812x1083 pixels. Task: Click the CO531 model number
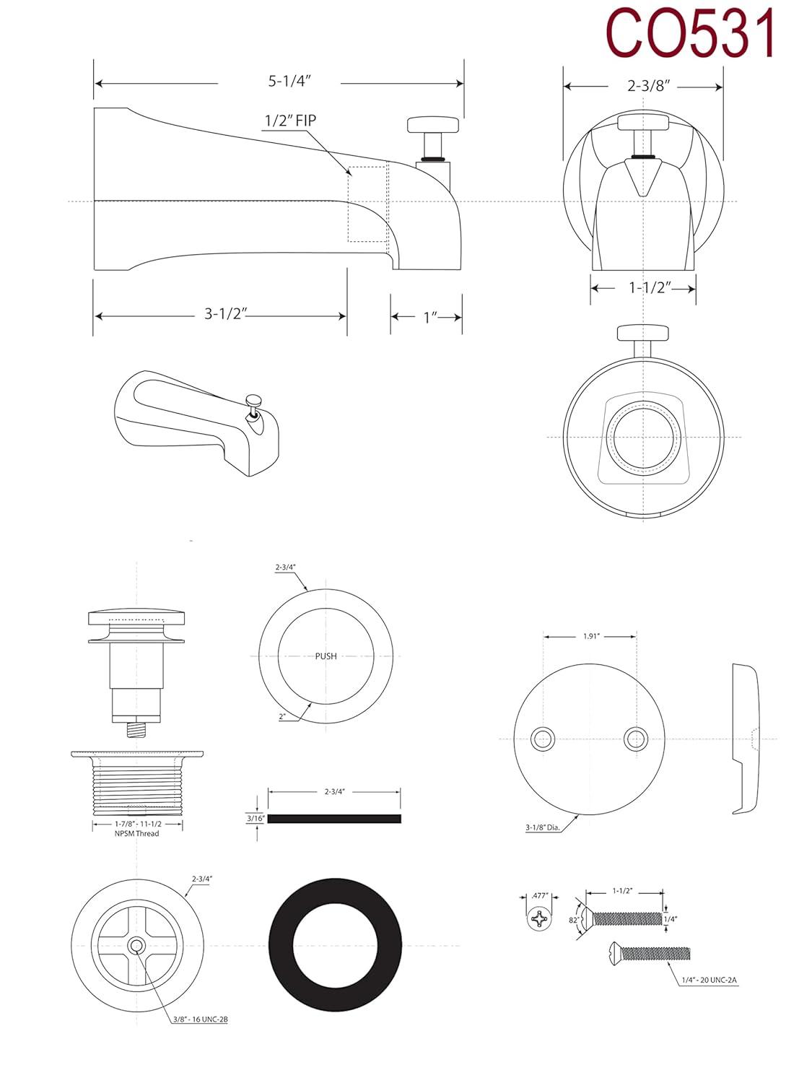[x=691, y=32]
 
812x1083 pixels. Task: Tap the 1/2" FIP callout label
[x=290, y=121]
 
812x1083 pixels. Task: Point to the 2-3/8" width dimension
[x=648, y=86]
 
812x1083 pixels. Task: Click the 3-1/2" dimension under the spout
[x=226, y=314]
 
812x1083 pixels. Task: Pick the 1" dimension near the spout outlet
[x=431, y=317]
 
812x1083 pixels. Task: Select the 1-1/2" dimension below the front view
[x=650, y=287]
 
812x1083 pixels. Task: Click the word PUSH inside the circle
[x=326, y=656]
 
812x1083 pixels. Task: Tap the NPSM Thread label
[x=136, y=833]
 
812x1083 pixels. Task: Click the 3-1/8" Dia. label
[x=543, y=828]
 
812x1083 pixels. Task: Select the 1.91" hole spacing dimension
[x=590, y=636]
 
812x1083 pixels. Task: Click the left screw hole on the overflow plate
[x=542, y=739]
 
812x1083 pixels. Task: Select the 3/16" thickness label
[x=256, y=818]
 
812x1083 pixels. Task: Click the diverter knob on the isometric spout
[x=253, y=399]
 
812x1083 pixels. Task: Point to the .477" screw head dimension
[x=539, y=895]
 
